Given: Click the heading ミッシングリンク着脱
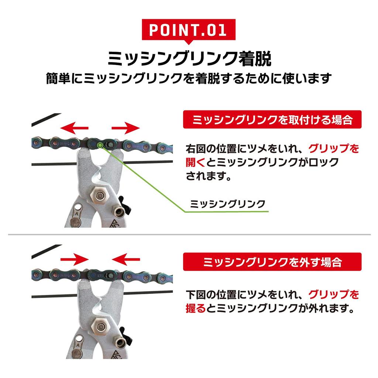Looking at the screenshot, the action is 189,58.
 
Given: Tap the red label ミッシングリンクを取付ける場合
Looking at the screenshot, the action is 272,120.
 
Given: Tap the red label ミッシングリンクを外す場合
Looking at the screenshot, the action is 272,262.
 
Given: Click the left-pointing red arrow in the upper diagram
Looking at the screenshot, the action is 74,128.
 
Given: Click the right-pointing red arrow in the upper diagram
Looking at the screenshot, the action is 126,128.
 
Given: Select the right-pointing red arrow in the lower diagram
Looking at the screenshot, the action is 75,260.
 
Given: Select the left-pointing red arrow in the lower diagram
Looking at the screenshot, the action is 126,260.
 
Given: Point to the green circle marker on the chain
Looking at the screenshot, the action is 100,145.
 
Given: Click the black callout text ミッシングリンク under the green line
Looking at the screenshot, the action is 227,204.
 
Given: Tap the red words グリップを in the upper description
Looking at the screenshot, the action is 334,149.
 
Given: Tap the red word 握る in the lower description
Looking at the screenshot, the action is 196,308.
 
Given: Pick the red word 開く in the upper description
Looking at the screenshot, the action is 196,162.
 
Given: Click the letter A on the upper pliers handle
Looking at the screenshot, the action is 76,213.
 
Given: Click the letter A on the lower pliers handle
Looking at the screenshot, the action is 78,345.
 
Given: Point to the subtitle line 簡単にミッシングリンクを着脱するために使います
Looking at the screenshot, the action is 189,78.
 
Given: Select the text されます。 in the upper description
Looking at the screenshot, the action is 209,176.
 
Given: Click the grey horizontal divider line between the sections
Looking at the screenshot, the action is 189,234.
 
